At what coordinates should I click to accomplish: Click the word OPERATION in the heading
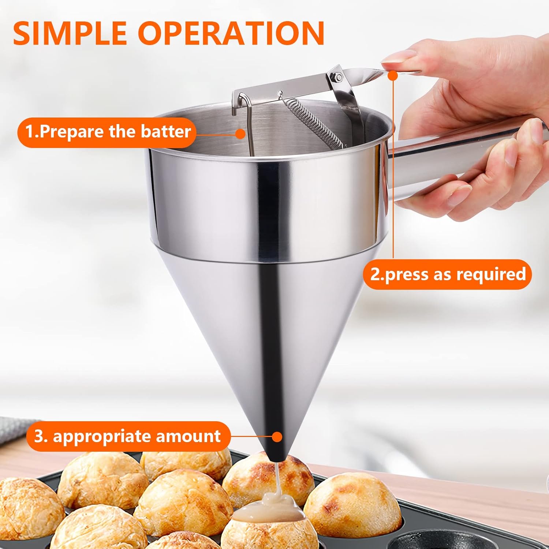(x=231, y=33)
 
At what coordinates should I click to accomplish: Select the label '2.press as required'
(x=447, y=274)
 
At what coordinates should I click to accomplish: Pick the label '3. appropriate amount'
(x=128, y=436)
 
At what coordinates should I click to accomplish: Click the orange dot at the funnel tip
(x=277, y=436)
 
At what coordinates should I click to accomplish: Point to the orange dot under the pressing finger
(x=393, y=76)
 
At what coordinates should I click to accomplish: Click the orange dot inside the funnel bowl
(x=240, y=134)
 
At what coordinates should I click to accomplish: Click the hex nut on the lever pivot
(x=339, y=77)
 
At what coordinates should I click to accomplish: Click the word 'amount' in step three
(x=188, y=436)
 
